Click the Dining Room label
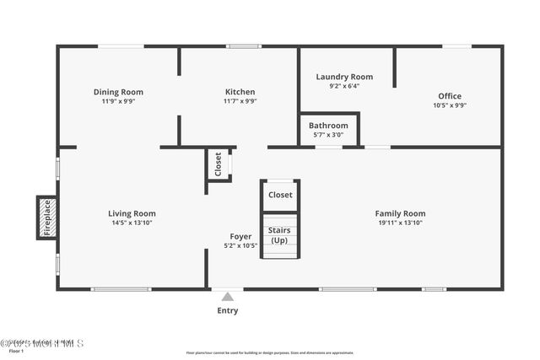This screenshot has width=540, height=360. coord(118,92)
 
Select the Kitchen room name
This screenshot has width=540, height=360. coord(240,92)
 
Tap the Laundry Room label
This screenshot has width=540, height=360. coord(344,77)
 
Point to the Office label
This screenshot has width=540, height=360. coord(449,95)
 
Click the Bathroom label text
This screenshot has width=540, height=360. coord(327,126)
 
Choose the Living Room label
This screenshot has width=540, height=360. coord(132,213)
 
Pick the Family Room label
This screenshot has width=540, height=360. coord(400,213)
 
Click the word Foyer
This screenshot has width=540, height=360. coord(240,237)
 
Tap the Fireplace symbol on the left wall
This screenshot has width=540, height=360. coord(47,218)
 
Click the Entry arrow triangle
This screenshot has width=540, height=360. coord(227,297)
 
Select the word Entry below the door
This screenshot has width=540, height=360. coord(227,310)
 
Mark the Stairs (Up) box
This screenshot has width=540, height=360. coord(280,234)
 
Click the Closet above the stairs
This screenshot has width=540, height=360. coord(280,195)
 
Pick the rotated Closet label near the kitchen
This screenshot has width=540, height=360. coord(218,164)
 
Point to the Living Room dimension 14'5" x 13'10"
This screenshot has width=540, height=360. coord(132,223)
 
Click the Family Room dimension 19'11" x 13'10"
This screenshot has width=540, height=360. coord(400,223)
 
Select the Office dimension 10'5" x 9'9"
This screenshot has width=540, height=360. coord(449,105)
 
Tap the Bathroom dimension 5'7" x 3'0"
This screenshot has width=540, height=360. coord(327,135)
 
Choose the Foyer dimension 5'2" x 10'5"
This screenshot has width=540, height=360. coord(240,246)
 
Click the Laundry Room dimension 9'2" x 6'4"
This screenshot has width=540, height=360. coord(344,86)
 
